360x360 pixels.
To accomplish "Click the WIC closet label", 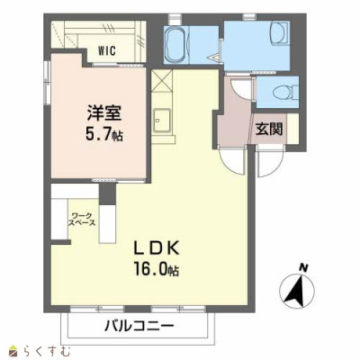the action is pyautogui.click(x=107, y=50).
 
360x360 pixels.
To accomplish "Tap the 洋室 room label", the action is pyautogui.click(x=104, y=113).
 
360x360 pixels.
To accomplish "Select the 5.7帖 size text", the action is pyautogui.click(x=103, y=134).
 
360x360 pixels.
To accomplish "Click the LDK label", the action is pyautogui.click(x=157, y=248).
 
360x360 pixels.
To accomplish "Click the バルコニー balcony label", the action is pyautogui.click(x=139, y=326).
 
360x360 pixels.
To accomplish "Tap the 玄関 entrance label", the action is pyautogui.click(x=269, y=130).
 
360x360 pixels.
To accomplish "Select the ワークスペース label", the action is pyautogui.click(x=82, y=219).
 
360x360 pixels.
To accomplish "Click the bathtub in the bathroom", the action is pyautogui.click(x=176, y=44).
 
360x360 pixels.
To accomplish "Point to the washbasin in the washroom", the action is pyautogui.click(x=280, y=34).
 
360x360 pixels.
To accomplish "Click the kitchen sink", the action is pyautogui.click(x=162, y=121).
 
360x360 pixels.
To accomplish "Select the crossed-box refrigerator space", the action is pyautogui.click(x=162, y=81).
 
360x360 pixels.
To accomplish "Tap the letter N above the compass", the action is pyautogui.click(x=304, y=267).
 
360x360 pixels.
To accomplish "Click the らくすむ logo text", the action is pyautogui.click(x=46, y=351).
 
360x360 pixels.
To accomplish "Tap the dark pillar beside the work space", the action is pyautogui.click(x=107, y=194).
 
